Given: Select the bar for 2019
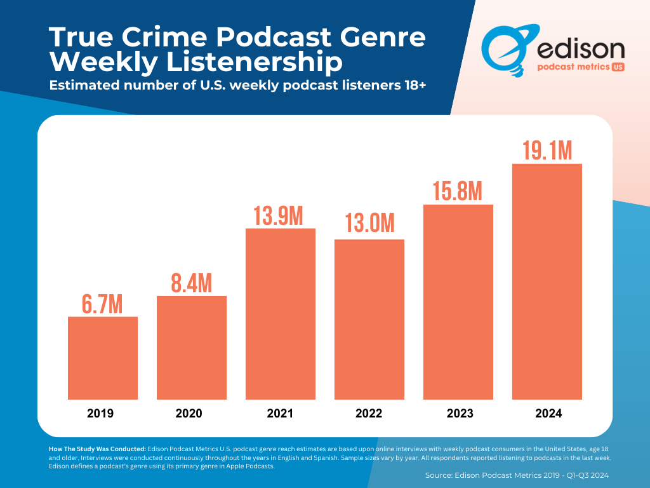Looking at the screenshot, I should pos(103,358).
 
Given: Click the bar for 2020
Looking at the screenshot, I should pos(192,348).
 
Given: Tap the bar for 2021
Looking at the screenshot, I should pos(281,313).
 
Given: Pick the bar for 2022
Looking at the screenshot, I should pos(369,319).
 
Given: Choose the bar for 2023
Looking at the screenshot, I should pos(458,302).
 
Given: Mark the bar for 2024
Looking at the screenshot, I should pos(547,281).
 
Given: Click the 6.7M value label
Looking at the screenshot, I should pos(103,304).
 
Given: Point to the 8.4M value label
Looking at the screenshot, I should pos(192,283).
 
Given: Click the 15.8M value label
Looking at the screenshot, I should pos(458,191).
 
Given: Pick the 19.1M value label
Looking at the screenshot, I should pos(547,151).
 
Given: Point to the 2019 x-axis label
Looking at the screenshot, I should pos(100,414).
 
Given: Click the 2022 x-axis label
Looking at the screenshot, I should pos(369,414).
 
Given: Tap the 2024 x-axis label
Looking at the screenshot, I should pos(548,414).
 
